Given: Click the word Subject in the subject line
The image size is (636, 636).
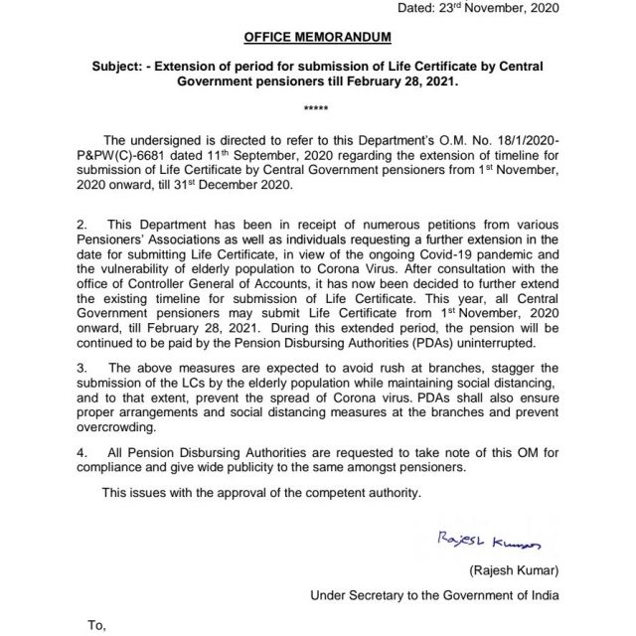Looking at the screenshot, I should point(117,68).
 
